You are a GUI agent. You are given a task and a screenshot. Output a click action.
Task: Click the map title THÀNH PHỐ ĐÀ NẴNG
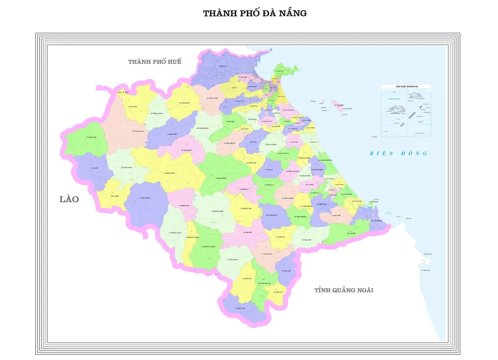tap(254, 13)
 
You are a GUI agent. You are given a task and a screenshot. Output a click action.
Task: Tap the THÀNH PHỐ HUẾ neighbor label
tap(155, 62)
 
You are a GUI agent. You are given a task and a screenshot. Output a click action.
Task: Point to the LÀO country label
tap(69, 199)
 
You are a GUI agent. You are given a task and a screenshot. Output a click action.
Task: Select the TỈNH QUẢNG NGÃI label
tap(344, 290)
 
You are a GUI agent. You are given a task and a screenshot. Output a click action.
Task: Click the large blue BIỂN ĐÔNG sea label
tap(398, 153)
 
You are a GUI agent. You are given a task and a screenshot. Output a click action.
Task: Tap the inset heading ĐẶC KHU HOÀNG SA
tap(406, 86)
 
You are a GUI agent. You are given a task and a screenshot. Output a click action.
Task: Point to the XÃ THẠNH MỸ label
tap(184, 150)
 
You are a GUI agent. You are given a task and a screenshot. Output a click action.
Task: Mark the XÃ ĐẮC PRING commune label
tap(145, 198)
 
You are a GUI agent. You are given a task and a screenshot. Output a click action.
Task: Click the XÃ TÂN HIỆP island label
tap(338, 106)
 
